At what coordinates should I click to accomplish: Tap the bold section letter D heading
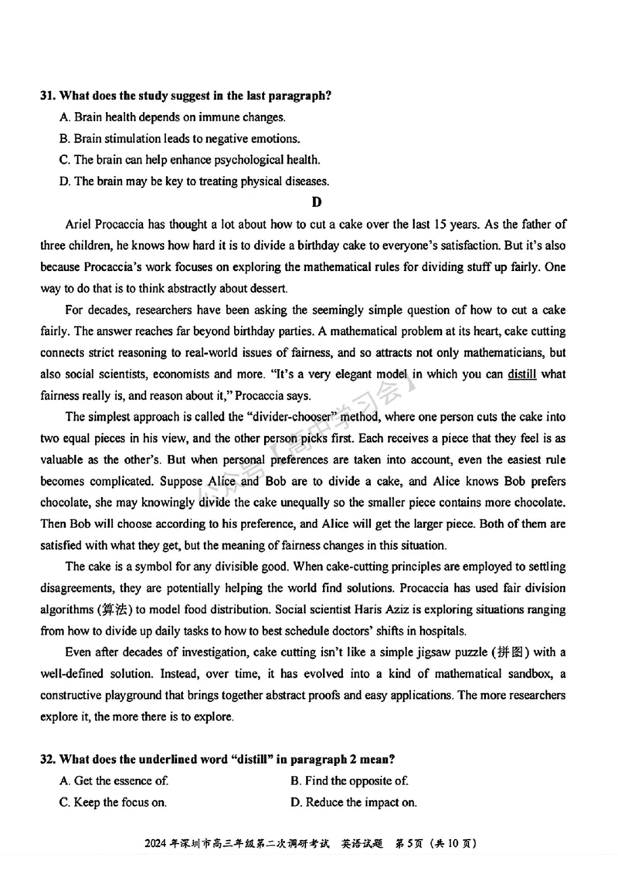315,202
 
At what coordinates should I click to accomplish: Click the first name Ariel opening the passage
80,225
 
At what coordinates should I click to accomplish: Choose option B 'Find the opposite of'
349,781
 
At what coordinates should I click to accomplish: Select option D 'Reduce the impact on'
353,802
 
